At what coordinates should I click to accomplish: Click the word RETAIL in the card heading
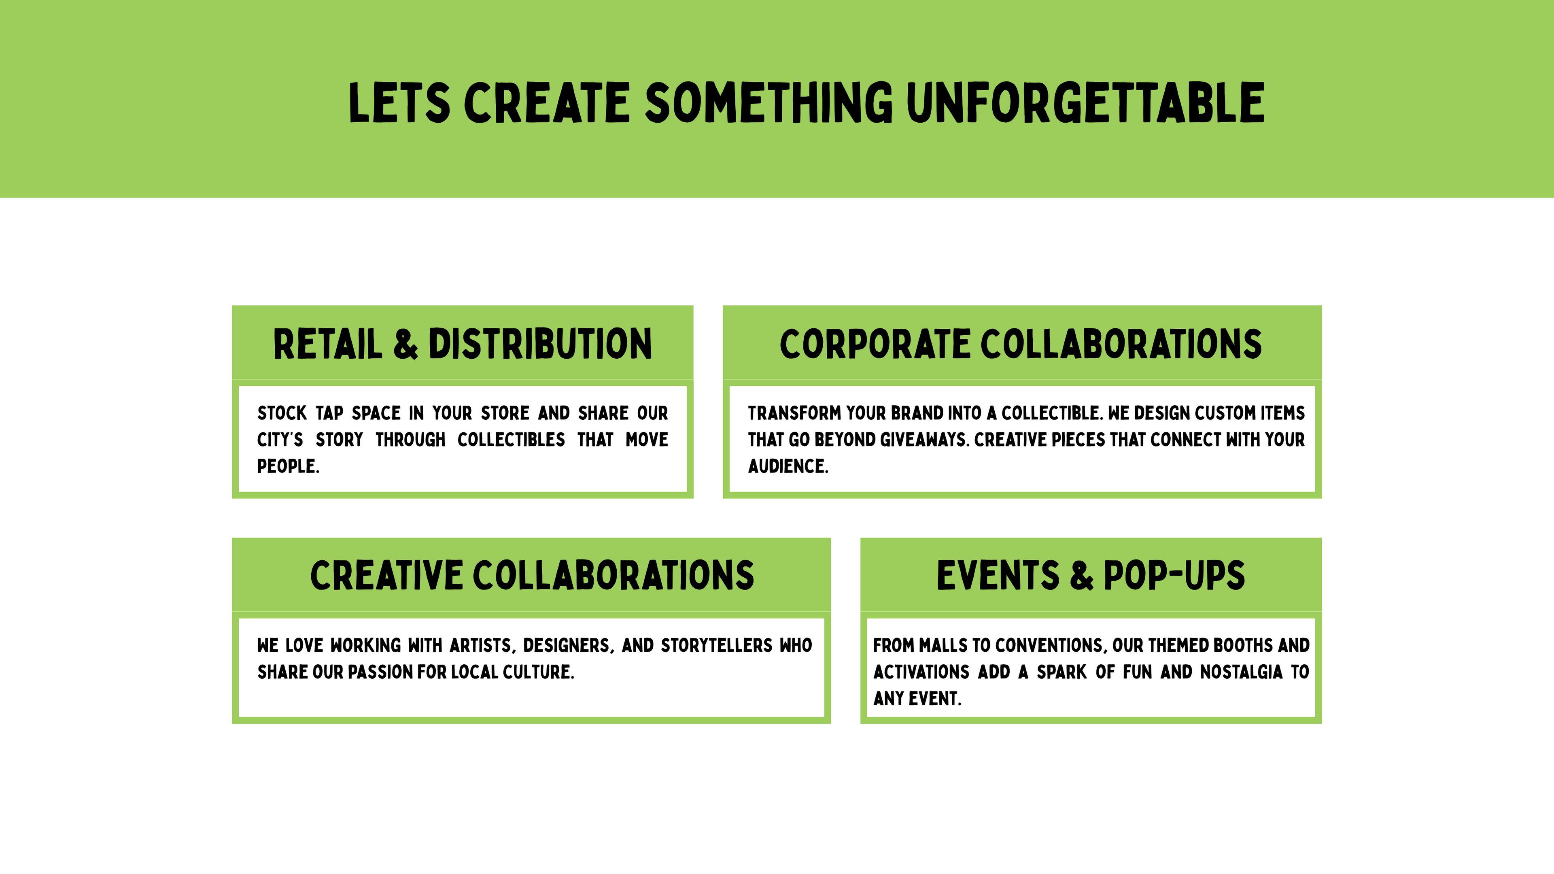[327, 344]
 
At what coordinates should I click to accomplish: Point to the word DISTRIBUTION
[540, 344]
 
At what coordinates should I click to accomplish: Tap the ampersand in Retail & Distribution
[405, 344]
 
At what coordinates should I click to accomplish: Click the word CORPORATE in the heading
[875, 344]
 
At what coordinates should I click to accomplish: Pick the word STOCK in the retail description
[282, 413]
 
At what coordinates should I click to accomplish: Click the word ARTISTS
[482, 645]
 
